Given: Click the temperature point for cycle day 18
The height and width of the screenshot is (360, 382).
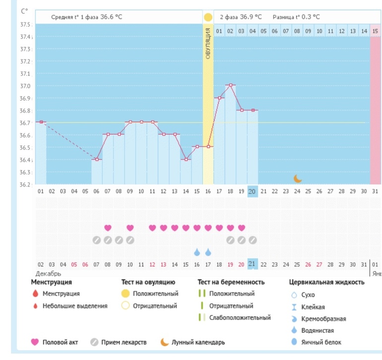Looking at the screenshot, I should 230,85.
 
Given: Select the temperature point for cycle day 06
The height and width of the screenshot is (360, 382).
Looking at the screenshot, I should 96,159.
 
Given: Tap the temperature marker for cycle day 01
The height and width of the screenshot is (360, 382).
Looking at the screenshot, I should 41,122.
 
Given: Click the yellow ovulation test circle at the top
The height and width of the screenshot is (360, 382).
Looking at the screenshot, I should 208,17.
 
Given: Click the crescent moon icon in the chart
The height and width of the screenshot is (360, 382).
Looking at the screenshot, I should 297,178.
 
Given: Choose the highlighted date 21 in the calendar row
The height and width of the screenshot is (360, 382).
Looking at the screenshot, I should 252,264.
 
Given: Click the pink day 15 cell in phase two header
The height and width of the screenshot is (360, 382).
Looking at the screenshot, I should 376,31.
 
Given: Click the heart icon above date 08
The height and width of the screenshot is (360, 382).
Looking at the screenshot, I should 108,228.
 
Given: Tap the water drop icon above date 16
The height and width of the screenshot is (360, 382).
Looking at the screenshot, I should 196,252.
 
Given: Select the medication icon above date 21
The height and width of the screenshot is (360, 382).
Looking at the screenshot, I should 253,240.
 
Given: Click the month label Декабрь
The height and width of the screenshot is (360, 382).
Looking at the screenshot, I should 48,273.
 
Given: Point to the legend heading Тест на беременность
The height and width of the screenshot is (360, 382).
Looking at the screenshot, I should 231,282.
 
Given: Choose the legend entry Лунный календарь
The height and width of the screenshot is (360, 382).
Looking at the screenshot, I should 198,342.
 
